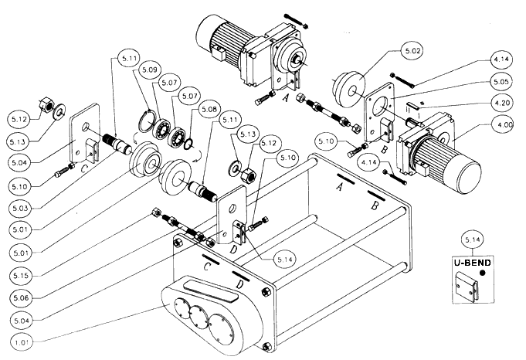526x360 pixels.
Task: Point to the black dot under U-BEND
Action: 483,273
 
